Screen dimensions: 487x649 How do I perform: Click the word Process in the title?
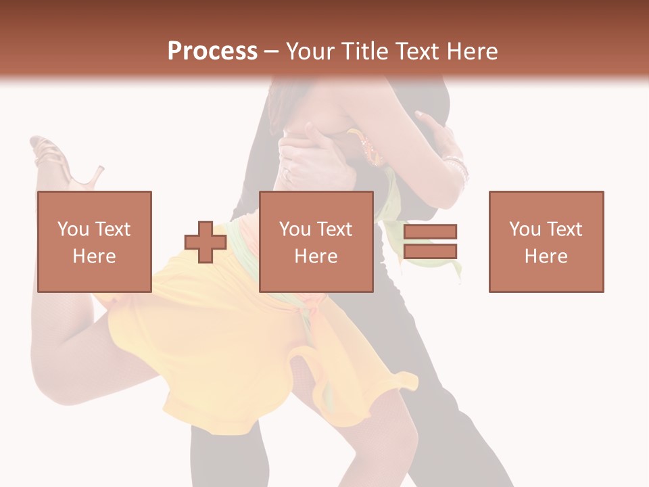212,51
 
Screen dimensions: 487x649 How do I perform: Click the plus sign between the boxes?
206,242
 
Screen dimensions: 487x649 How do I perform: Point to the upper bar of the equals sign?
430,232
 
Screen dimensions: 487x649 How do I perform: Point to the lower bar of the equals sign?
430,252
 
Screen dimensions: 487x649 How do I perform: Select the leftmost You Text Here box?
94,241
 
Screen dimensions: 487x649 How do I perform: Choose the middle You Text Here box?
316,241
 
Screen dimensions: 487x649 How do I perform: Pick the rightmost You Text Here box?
546,241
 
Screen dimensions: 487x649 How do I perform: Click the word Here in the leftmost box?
94,256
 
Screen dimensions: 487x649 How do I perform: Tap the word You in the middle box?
295,229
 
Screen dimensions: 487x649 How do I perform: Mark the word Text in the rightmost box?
563,229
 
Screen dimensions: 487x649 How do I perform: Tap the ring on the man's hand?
287,175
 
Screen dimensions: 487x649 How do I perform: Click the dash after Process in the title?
271,52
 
